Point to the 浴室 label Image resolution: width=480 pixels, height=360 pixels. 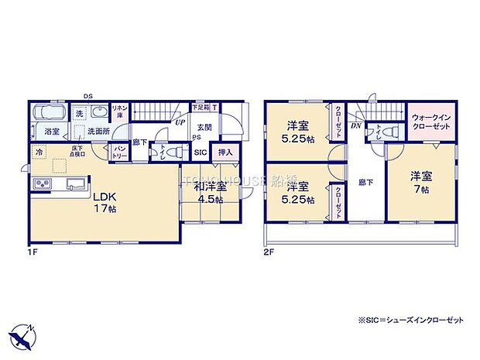coord(53,131)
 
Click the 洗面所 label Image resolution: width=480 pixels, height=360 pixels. coord(98,131)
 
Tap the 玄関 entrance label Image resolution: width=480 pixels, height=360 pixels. coord(204,127)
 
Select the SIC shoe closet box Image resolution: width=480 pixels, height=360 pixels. coord(200,153)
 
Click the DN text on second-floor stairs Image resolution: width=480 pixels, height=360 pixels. coord(356,125)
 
